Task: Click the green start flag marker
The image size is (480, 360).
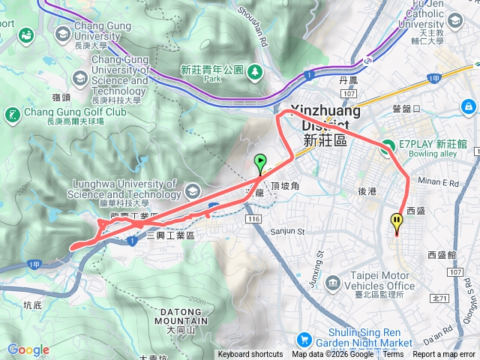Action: coord(259,161)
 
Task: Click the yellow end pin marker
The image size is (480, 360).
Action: coord(396,222)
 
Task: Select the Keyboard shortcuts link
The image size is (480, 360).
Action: coord(250,355)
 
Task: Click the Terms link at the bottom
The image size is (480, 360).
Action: coord(393,355)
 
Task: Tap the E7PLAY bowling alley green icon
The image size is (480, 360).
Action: coord(387,148)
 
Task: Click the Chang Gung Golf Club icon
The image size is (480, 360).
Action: coord(12,115)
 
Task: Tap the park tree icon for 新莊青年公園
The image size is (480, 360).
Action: coord(256,71)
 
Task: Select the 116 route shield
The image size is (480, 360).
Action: coord(253,218)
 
